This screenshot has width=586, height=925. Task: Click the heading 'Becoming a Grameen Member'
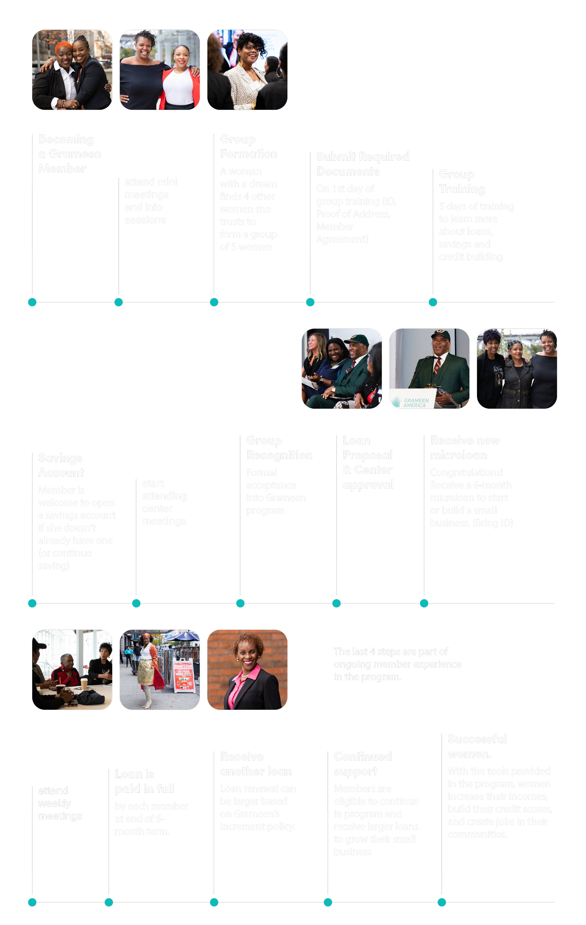point(70,154)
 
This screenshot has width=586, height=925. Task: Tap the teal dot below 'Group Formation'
point(214,302)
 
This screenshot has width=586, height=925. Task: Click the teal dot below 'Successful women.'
point(442,902)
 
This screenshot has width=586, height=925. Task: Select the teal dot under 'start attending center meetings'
point(136,603)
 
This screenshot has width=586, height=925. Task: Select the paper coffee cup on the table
point(84,683)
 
